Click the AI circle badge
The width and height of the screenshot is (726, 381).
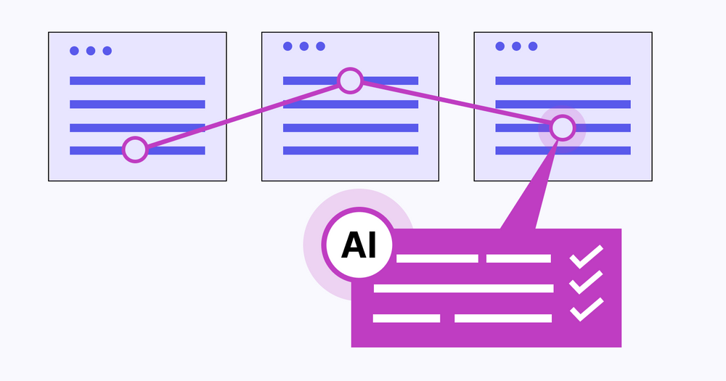pos(359,246)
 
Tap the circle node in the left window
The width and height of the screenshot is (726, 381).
pos(135,149)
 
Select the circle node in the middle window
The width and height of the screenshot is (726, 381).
pos(350,81)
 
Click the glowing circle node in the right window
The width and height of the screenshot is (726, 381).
pos(563,128)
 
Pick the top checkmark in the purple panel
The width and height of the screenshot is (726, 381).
pos(586,257)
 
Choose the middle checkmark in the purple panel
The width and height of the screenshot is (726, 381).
pos(586,282)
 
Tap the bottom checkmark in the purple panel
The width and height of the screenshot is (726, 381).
pos(586,308)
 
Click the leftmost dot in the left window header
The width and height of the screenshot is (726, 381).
pos(74,51)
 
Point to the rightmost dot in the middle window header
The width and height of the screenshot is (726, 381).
pos(320,46)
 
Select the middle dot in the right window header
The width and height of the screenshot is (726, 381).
pos(516,46)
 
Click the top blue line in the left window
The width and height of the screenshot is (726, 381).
pos(137,81)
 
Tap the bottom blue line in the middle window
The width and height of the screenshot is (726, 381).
pos(351,150)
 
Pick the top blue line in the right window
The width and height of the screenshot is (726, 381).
pos(563,81)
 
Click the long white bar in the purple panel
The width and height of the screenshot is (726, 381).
pos(463,288)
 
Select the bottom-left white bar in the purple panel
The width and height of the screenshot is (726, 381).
pos(406,318)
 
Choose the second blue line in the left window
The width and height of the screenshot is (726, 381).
pos(137,104)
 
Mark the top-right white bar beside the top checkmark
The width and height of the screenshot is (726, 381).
pos(518,258)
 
